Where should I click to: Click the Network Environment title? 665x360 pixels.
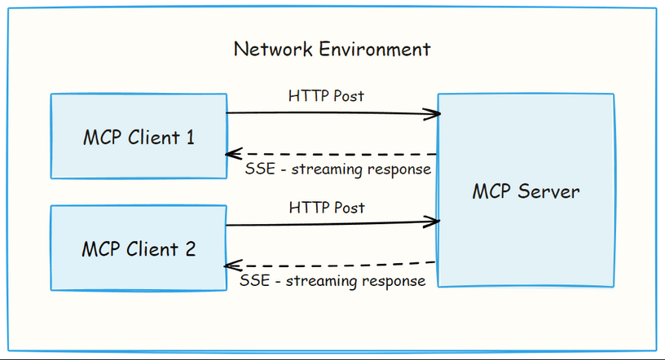point(332,49)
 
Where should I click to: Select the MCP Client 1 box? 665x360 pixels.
point(139,136)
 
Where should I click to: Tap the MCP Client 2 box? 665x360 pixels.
point(139,248)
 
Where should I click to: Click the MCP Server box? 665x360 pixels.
point(526,191)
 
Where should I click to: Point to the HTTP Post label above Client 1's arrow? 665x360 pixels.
point(326,96)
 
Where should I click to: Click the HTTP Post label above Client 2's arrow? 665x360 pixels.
point(326,208)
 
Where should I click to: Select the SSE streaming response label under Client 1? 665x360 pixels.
point(337,169)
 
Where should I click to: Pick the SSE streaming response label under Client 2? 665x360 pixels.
point(333,281)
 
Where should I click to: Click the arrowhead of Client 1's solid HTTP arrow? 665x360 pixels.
point(435,114)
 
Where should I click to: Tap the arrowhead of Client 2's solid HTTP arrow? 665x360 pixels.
point(435,221)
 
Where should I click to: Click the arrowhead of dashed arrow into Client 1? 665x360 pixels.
point(231,154)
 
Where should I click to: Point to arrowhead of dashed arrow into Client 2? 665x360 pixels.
point(231,266)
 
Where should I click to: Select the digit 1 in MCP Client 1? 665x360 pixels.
point(190,137)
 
